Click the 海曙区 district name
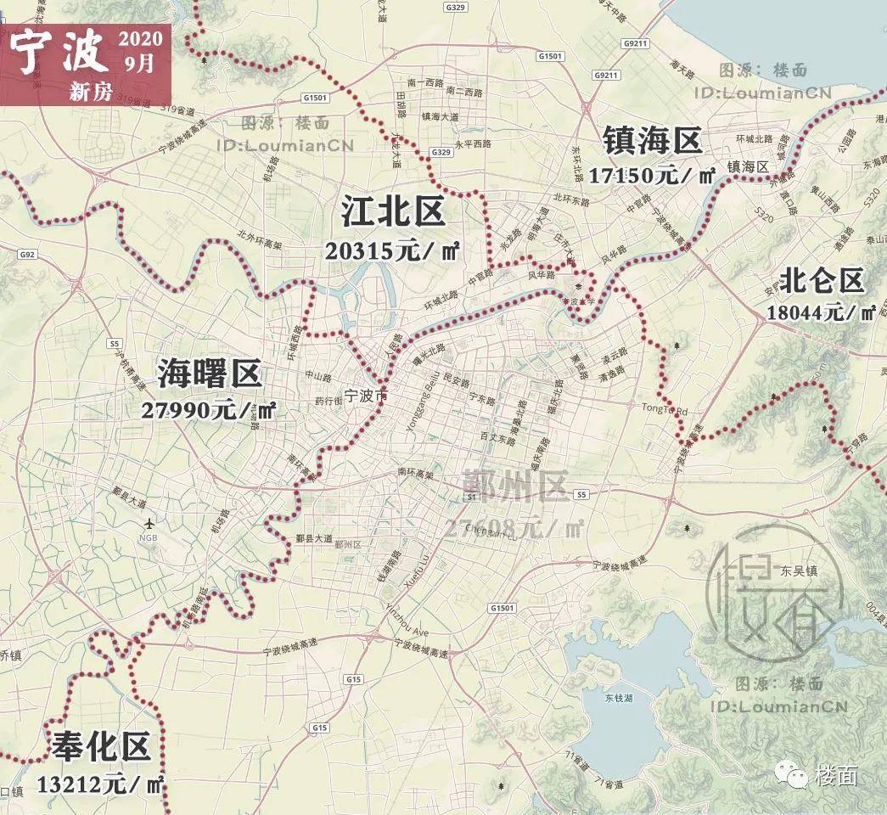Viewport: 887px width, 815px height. (x=210, y=374)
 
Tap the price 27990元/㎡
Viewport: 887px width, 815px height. (x=209, y=410)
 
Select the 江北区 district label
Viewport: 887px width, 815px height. (x=393, y=212)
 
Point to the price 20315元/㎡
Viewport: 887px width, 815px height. (x=392, y=250)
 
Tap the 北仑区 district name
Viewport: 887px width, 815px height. (x=822, y=280)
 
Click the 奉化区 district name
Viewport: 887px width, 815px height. (x=101, y=748)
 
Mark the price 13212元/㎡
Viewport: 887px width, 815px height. (x=101, y=784)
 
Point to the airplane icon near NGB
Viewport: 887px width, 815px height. (x=150, y=523)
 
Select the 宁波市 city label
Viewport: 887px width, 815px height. (x=366, y=396)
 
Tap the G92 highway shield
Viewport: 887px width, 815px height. (x=27, y=254)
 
